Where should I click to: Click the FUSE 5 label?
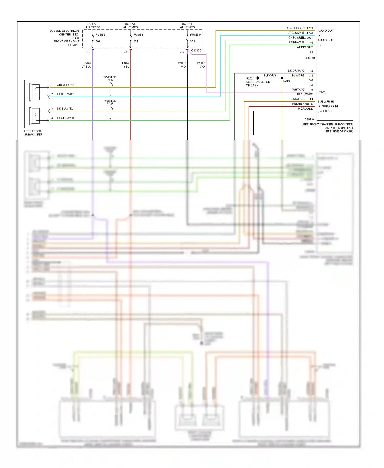pyautogui.click(x=100, y=35)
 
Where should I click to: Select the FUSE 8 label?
pyautogui.click(x=138, y=35)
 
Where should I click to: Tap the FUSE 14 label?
pyautogui.click(x=196, y=35)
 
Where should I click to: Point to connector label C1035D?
pyautogui.click(x=196, y=51)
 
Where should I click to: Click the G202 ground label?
pyautogui.click(x=249, y=78)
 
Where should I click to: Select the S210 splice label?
pyautogui.click(x=286, y=81)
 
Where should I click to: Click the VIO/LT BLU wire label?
pyautogui.click(x=87, y=65)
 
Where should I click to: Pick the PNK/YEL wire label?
pyautogui.click(x=126, y=65)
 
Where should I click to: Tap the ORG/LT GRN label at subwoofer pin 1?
pyautogui.click(x=66, y=85)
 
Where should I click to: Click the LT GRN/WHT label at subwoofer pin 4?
pyautogui.click(x=66, y=118)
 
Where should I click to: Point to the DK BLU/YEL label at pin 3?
pyautogui.click(x=65, y=109)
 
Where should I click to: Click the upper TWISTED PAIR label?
pyautogui.click(x=110, y=79)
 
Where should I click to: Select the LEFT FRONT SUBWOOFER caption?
pyautogui.click(x=33, y=133)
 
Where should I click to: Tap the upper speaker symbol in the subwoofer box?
pyautogui.click(x=35, y=92)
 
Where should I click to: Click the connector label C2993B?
pyautogui.click(x=310, y=58)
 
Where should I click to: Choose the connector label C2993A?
pyautogui.click(x=310, y=119)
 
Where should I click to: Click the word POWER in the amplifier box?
pyautogui.click(x=323, y=92)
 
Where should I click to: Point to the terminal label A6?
pyautogui.click(x=182, y=52)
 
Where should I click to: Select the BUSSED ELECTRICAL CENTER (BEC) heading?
pyautogui.click(x=65, y=33)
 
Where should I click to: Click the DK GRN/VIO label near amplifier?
pyautogui.click(x=296, y=71)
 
